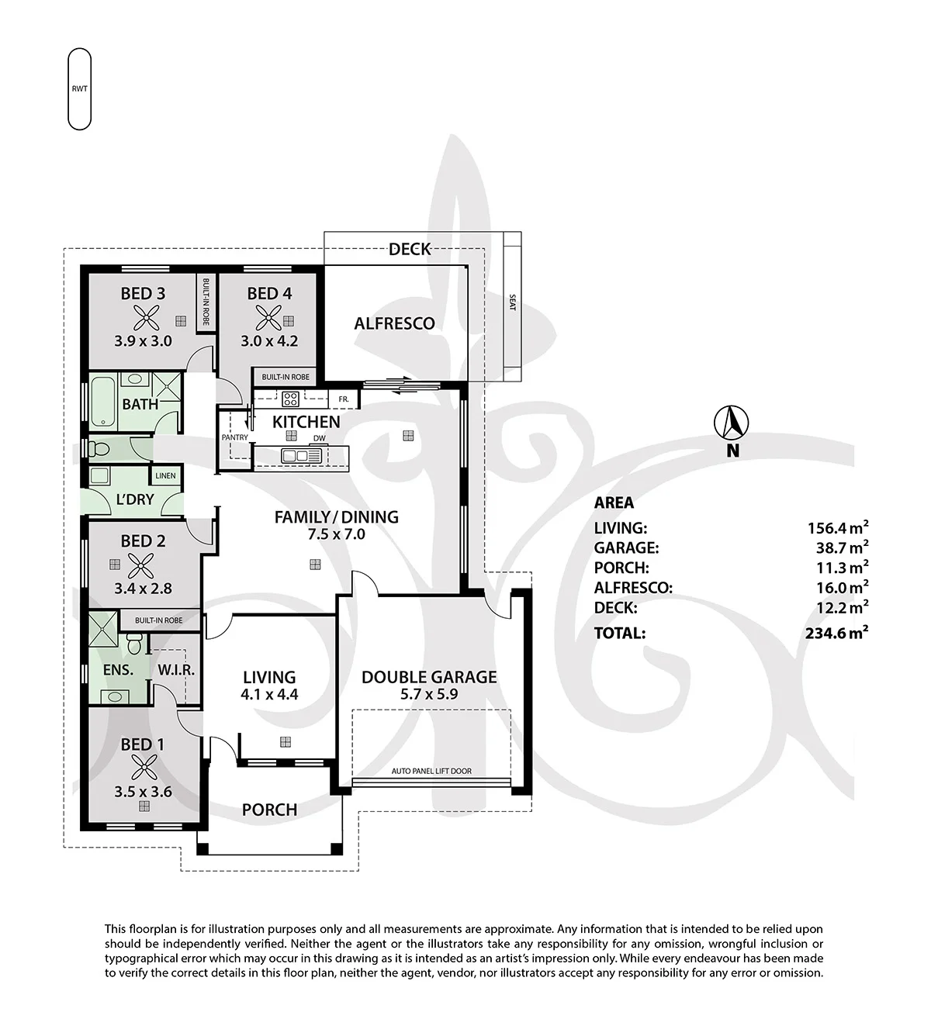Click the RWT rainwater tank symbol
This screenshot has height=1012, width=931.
[80, 88]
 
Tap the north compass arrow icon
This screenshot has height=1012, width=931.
[732, 423]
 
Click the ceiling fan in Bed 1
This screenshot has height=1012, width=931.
[144, 770]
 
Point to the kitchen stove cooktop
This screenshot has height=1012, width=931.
[290, 399]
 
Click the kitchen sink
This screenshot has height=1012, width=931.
[302, 456]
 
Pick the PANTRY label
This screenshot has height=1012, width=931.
[235, 437]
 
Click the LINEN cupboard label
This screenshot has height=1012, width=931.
[165, 475]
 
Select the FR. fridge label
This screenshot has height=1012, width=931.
[344, 399]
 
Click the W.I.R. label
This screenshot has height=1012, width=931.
[176, 671]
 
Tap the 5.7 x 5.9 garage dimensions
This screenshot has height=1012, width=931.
[429, 694]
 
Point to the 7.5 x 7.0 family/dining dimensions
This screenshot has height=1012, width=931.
[337, 534]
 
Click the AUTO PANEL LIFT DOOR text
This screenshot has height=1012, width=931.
[431, 771]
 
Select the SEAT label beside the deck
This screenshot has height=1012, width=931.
[513, 302]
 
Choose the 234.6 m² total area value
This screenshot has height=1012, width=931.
[836, 633]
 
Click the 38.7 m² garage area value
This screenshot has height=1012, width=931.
[842, 547]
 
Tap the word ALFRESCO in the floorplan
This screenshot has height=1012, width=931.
[394, 323]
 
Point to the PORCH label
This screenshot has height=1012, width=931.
[270, 810]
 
